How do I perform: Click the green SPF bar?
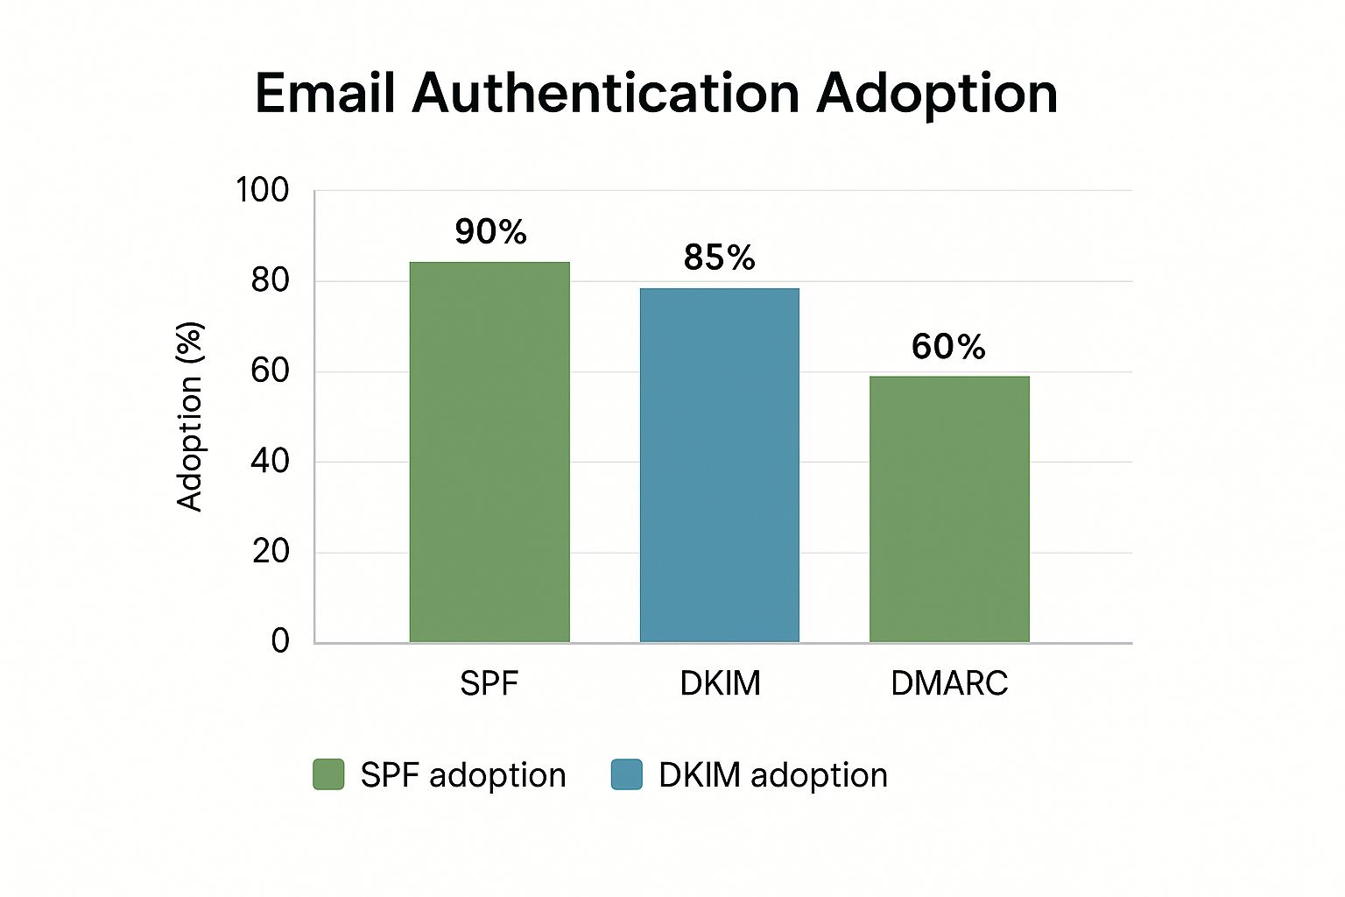pos(489,452)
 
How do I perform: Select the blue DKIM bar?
pos(719,465)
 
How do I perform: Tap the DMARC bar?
pos(949,509)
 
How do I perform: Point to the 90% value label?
pos(490,232)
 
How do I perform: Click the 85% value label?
pos(719,258)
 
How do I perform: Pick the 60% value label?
pos(948,347)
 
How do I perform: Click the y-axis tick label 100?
pos(263,190)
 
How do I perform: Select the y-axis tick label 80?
pos(270,280)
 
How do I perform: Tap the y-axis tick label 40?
pos(270,461)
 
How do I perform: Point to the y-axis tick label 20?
pos(270,551)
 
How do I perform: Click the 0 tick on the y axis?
pos(280,640)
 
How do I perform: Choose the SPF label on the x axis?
pos(489,683)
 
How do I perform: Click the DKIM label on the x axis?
pos(720,683)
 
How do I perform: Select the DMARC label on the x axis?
pos(949,683)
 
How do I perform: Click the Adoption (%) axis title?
pos(190,416)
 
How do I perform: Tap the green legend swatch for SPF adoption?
pos(328,774)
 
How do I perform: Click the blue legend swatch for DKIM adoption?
pos(626,774)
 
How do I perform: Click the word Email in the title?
pos(325,93)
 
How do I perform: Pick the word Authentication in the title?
pos(606,93)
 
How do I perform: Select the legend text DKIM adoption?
pos(773,775)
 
